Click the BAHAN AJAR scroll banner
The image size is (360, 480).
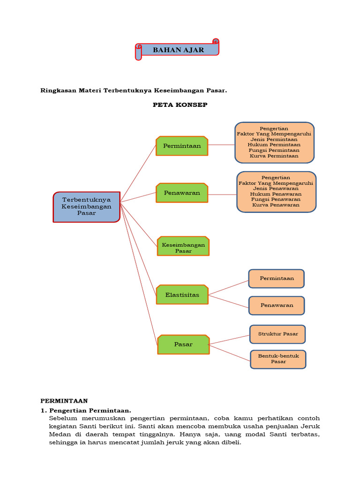178,50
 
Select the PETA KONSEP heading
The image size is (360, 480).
180,105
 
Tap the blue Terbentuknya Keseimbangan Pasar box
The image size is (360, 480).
87,206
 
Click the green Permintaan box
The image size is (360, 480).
182,146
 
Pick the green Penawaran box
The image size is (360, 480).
182,193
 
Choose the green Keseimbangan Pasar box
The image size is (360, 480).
183,247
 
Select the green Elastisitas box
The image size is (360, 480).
182,295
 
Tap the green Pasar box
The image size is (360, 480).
183,344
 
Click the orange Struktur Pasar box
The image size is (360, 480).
277,334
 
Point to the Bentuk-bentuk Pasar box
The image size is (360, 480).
278,359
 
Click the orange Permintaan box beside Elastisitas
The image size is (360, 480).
277,278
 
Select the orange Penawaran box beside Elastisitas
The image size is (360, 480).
277,305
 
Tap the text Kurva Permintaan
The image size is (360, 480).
274,156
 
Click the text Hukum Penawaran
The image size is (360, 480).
276,194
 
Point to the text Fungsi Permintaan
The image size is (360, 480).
274,150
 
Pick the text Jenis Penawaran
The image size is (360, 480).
276,188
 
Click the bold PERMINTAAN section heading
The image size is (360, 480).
64,401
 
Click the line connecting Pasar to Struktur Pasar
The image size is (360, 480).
229,340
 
